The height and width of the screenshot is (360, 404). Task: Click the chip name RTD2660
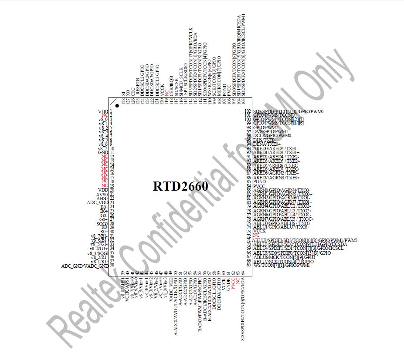[x=180, y=186]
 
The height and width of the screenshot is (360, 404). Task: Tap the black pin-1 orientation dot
[x=117, y=106]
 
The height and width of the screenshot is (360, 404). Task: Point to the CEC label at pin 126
[x=132, y=89]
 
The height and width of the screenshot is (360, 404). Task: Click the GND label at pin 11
[x=103, y=153]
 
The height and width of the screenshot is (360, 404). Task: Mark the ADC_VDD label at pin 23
[x=97, y=202]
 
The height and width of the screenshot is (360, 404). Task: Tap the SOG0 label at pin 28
[x=102, y=223]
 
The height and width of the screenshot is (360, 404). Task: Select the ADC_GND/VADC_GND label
[x=85, y=266]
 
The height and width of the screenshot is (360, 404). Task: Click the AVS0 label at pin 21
[x=102, y=194]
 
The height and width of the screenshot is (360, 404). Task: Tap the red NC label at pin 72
[x=256, y=235]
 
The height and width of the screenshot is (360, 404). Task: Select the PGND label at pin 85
[x=259, y=182]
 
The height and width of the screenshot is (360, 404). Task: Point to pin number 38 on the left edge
[x=112, y=265]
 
